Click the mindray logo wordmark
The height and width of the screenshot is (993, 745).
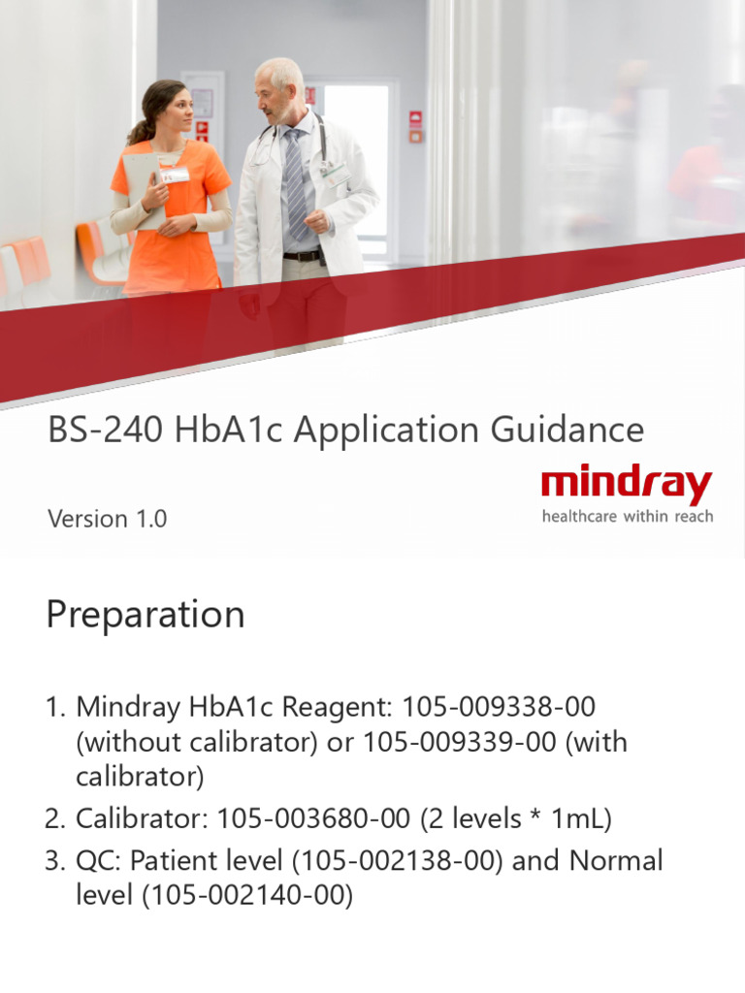tap(627, 485)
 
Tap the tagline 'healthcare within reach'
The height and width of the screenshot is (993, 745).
tap(627, 517)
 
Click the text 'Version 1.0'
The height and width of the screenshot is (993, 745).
tap(107, 519)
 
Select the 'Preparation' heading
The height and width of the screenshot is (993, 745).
tap(146, 615)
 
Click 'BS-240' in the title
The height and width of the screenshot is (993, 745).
tap(107, 430)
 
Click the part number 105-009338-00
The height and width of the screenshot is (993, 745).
tap(499, 707)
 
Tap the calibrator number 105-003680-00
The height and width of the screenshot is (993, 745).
tap(313, 819)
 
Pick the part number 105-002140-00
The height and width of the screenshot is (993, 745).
tap(246, 896)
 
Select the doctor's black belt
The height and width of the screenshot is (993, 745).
tap(304, 256)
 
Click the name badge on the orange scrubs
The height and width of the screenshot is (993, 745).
tap(176, 176)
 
